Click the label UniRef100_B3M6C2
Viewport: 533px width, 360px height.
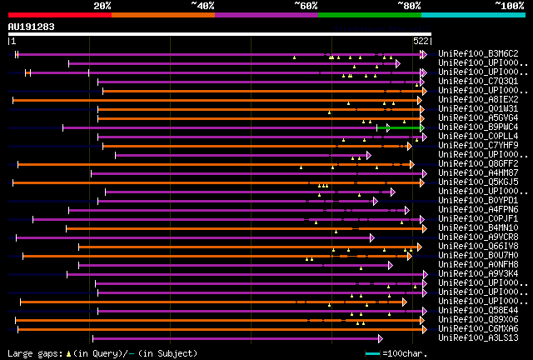(x=477, y=54)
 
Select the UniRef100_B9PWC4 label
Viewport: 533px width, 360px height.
(x=477, y=127)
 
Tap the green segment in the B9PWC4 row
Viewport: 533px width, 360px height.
(x=404, y=127)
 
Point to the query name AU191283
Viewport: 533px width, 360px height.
(x=31, y=27)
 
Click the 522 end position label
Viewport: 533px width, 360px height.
(x=421, y=40)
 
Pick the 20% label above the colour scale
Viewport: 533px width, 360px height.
(x=102, y=6)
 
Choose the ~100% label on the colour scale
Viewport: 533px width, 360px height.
(x=510, y=6)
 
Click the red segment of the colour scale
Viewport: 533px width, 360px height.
(x=59, y=14)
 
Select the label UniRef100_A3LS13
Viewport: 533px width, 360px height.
(x=477, y=338)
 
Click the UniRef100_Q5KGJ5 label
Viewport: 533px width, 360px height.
(x=477, y=182)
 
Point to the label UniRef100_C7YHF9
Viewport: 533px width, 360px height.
(x=477, y=146)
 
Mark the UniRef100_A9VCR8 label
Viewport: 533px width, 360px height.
(x=477, y=237)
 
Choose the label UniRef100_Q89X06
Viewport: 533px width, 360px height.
(x=477, y=320)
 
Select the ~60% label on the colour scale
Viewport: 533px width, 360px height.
(x=306, y=6)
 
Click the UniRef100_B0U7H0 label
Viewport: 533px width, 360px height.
(x=477, y=256)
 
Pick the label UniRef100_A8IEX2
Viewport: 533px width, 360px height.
(x=477, y=100)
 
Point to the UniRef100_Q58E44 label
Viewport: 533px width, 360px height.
(x=477, y=311)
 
